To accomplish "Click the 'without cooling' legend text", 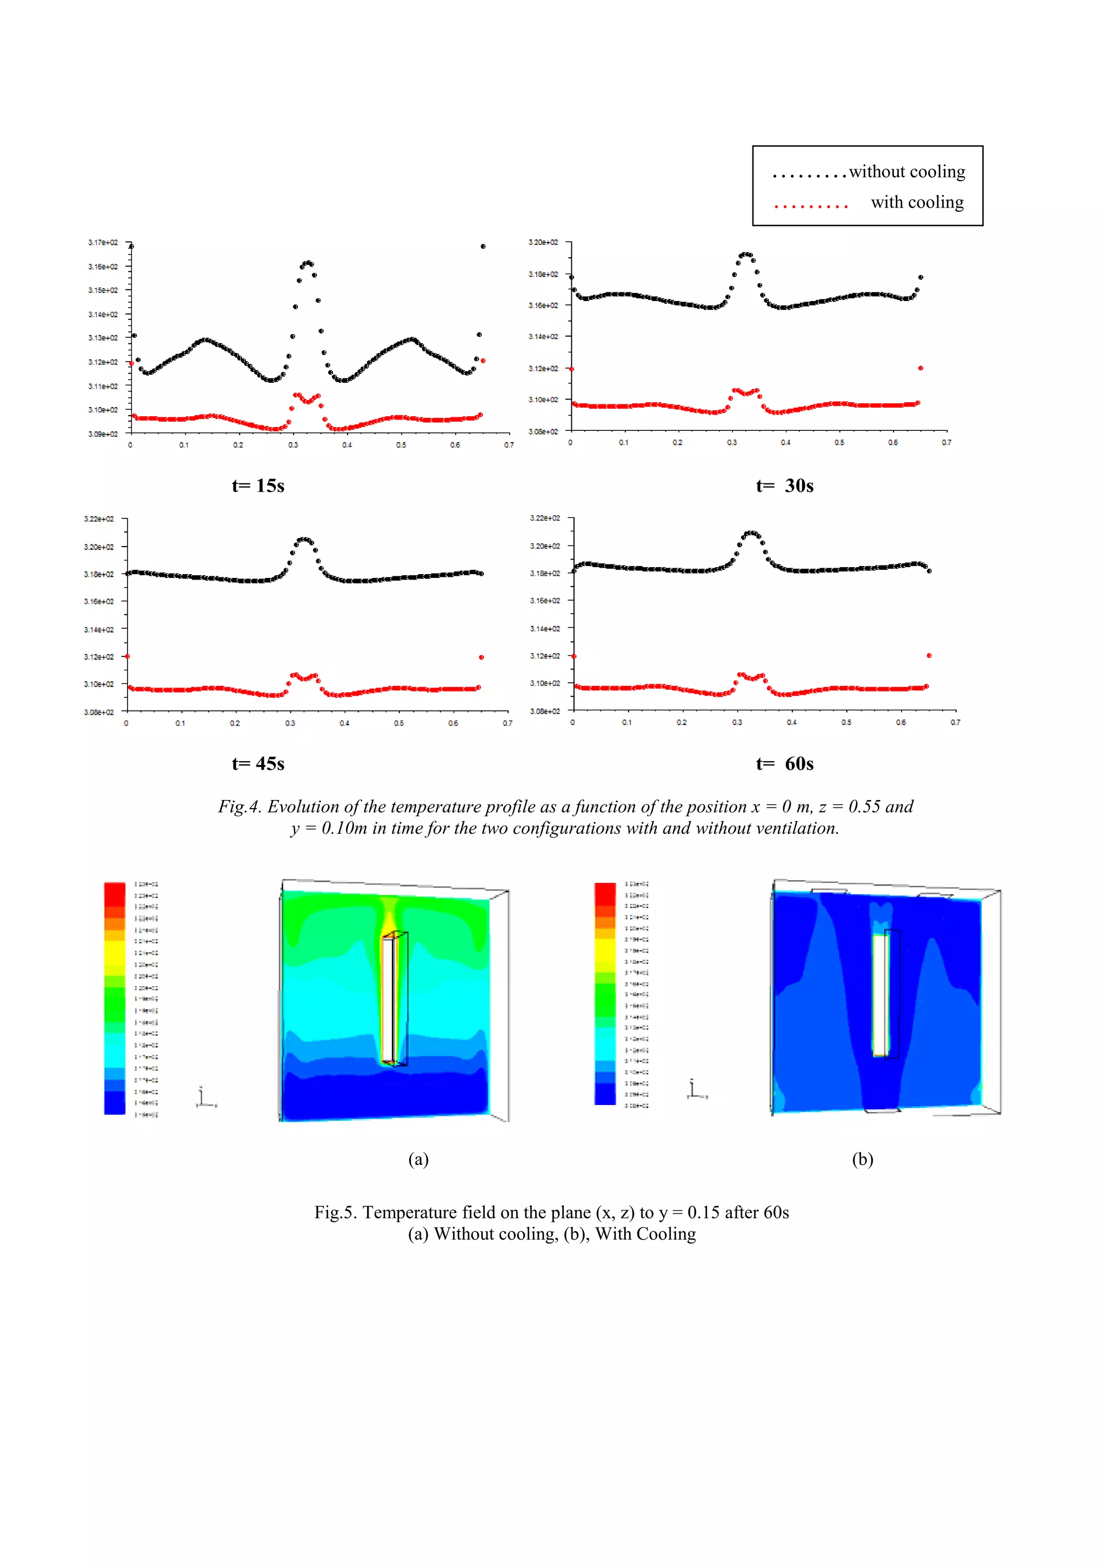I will [906, 172].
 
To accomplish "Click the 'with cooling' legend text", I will [917, 202].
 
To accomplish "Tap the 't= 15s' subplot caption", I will [258, 486].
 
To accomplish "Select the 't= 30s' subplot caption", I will [785, 486].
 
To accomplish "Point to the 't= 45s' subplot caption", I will [258, 764].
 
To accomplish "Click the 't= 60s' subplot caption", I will [785, 764].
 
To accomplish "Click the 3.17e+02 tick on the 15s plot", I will [103, 243].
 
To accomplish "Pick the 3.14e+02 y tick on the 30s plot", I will [543, 337].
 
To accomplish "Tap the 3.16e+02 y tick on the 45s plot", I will [99, 602].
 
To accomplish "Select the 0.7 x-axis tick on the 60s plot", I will [955, 723].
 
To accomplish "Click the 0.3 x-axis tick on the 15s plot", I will [293, 445].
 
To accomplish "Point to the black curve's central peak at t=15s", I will [308, 262].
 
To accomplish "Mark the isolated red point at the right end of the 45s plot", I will [481, 657].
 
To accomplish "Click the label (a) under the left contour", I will [418, 1160].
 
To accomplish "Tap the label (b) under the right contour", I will [862, 1160].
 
